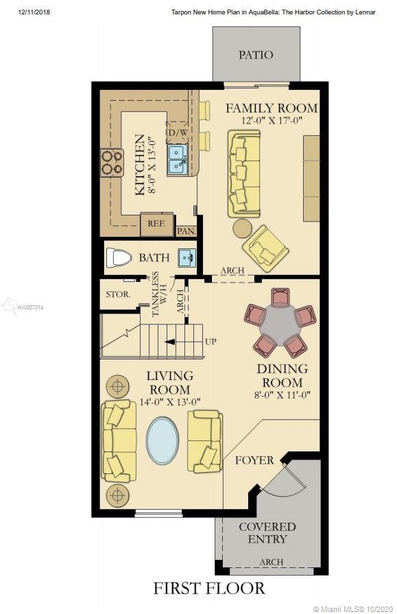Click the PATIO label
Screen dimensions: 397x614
256,54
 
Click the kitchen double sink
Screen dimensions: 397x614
178,160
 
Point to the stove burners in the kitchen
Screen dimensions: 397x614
112,163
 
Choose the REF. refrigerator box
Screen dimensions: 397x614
156,224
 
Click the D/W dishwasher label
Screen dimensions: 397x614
178,132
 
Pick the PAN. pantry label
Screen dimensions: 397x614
187,231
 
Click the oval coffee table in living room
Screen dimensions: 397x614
163,441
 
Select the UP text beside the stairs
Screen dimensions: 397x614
210,342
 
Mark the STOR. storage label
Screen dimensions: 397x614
118,294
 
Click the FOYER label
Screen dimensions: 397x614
254,460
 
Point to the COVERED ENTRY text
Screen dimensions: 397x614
267,533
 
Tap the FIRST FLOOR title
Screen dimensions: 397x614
209,589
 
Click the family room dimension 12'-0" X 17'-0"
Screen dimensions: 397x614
272,120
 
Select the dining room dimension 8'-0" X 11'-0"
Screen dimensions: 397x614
282,394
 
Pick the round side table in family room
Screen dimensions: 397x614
243,228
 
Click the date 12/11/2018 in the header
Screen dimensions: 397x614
34,12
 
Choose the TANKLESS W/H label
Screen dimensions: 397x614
159,294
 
